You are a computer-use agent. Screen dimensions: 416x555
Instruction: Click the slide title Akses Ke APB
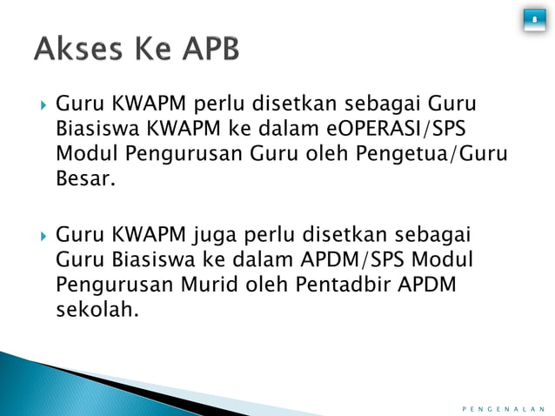pyautogui.click(x=137, y=51)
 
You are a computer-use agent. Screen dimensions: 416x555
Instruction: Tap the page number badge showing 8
pyautogui.click(x=533, y=19)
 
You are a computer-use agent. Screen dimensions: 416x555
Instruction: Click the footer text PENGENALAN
pyautogui.click(x=503, y=406)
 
